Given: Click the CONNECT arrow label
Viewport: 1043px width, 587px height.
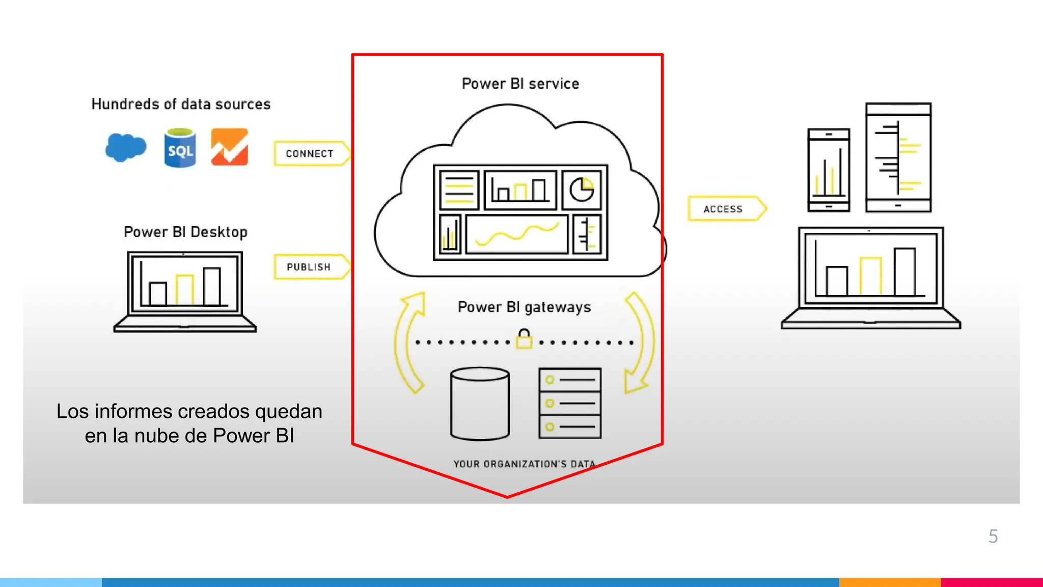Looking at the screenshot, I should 310,153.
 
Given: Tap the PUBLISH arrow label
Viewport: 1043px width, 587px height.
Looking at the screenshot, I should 309,267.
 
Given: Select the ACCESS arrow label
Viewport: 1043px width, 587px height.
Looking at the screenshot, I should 723,209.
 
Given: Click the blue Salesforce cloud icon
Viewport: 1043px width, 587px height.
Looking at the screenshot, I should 125,147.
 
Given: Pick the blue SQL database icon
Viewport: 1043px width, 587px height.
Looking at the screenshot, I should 180,148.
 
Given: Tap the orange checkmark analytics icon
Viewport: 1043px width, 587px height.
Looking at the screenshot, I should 230,147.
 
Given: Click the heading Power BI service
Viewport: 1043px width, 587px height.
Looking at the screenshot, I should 520,84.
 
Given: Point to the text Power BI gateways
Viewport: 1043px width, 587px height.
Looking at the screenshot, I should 524,307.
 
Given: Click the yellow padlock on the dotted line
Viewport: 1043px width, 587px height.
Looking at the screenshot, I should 524,339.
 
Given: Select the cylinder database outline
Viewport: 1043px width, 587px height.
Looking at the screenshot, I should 480,403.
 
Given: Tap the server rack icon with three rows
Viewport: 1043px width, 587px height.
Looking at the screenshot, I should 570,403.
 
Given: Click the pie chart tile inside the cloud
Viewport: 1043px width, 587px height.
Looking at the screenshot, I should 582,190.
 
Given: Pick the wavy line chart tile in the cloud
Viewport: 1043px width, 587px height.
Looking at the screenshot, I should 516,235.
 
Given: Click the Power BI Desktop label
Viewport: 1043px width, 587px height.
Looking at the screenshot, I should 185,232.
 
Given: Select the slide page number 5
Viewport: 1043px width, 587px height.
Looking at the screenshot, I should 993,536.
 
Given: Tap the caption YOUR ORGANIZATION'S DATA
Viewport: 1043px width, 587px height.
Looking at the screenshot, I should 524,464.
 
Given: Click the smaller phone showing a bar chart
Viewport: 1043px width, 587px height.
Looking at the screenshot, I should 829,170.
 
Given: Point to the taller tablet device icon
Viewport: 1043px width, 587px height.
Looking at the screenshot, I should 898,157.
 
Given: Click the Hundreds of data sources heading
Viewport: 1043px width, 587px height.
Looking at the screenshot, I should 181,104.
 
